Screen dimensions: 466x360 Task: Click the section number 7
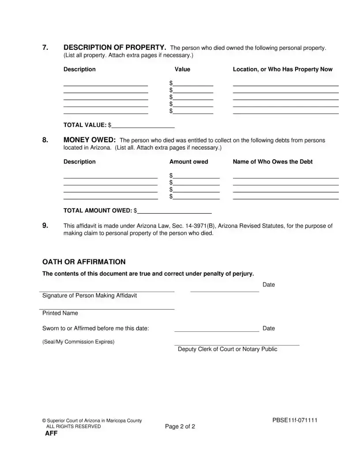(x=45, y=48)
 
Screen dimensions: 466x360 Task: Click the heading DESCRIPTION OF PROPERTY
(x=115, y=48)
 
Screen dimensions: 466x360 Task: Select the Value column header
(x=182, y=69)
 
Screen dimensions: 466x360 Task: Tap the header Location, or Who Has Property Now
(x=282, y=69)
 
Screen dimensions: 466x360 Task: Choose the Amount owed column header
(x=188, y=162)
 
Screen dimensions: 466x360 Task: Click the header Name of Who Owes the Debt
(x=272, y=162)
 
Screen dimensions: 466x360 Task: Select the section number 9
(x=45, y=225)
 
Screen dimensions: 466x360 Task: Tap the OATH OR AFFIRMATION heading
(x=84, y=262)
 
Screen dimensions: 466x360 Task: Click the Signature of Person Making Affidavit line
(x=107, y=291)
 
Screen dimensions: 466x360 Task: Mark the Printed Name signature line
(x=107, y=309)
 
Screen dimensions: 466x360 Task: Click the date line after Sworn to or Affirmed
(x=217, y=331)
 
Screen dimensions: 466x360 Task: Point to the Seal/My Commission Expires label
(x=78, y=342)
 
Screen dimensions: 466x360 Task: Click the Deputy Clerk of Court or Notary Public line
(x=237, y=345)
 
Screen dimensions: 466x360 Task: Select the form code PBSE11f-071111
(x=295, y=420)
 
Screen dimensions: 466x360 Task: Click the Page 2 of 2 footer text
(x=180, y=427)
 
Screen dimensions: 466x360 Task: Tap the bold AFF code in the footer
(x=51, y=434)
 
